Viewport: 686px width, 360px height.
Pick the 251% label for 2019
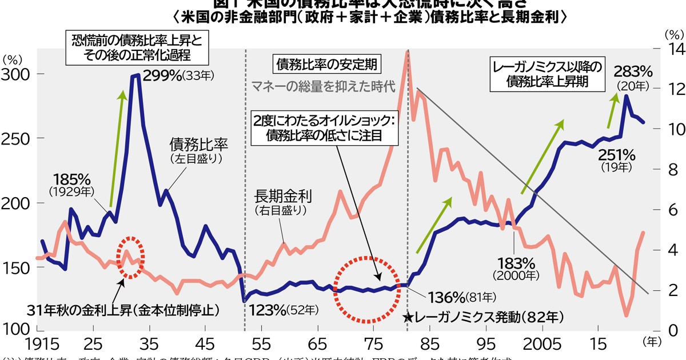[x=617, y=154]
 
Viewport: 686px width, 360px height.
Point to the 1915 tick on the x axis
[x=21, y=345]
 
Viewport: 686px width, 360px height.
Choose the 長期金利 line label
[x=282, y=197]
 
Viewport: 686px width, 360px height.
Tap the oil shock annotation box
[x=324, y=129]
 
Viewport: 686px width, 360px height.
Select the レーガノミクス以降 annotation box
[x=547, y=74]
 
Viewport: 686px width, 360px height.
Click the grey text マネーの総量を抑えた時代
[x=324, y=87]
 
